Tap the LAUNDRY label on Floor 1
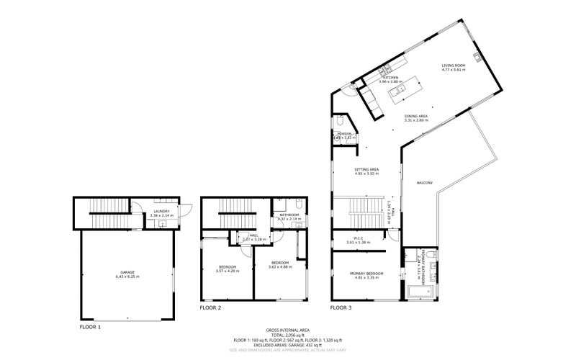(x=161, y=211)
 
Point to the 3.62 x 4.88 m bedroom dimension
(x=279, y=266)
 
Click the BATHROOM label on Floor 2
(x=289, y=215)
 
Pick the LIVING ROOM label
(x=454, y=66)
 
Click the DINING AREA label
(x=416, y=116)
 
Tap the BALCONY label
(x=425, y=184)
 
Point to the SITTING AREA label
(x=366, y=169)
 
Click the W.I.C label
(x=358, y=238)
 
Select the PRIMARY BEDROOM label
(x=366, y=273)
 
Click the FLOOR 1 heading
(x=90, y=327)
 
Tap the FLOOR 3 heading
(x=341, y=307)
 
